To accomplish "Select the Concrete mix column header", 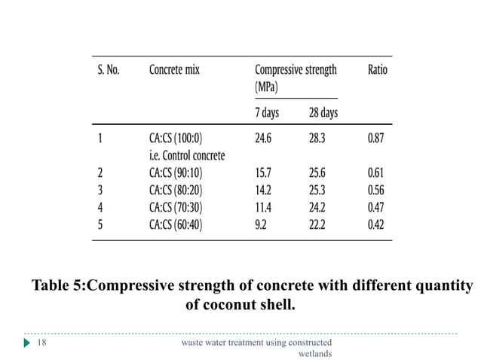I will (x=179, y=70).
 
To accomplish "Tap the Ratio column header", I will (x=377, y=70).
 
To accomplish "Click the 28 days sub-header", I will (x=323, y=113).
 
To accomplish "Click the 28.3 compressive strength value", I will (x=319, y=139).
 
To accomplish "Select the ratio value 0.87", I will (x=376, y=139).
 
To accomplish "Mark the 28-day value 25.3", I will (x=319, y=190).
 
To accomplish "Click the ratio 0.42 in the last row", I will (x=376, y=224).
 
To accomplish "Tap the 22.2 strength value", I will (x=319, y=224).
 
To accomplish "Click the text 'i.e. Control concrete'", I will (x=187, y=155).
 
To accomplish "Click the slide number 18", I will (x=43, y=343).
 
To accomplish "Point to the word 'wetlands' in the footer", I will (x=315, y=353).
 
